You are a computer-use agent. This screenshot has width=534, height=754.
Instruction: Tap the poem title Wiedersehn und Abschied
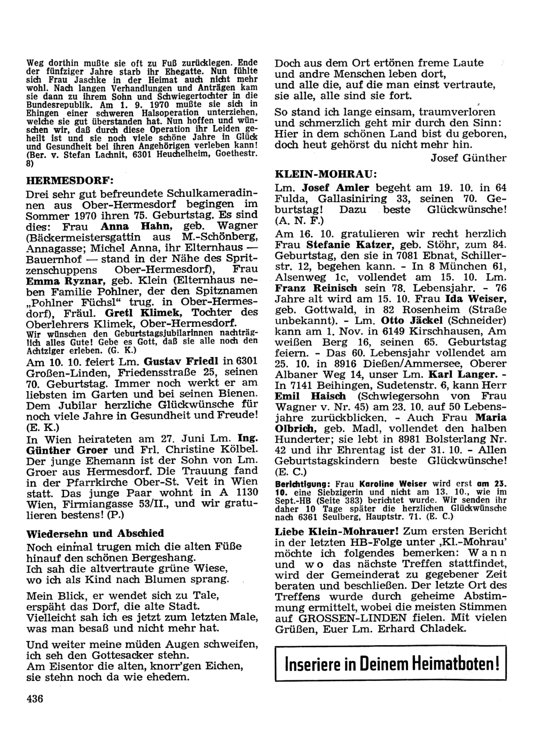pyautogui.click(x=95, y=533)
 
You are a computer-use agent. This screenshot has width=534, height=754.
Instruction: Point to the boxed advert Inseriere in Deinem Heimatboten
pyautogui.click(x=392, y=664)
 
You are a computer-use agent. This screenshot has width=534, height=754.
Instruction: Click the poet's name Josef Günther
pyautogui.click(x=468, y=157)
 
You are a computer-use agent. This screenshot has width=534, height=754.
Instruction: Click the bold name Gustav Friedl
pyautogui.click(x=177, y=361)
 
